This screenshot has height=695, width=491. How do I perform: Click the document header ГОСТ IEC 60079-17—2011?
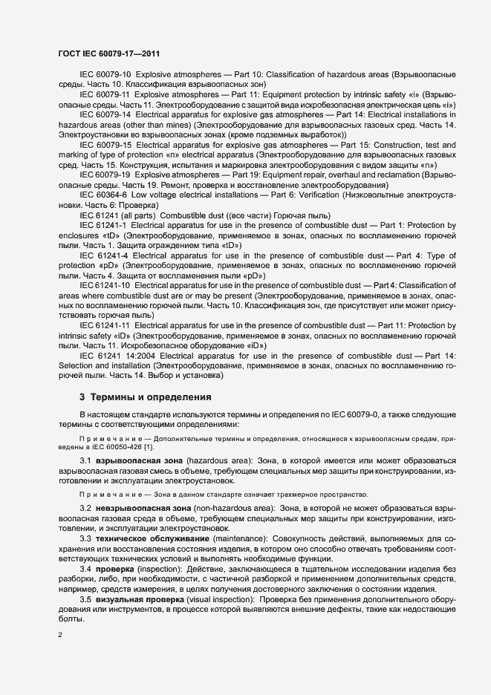pos(108,54)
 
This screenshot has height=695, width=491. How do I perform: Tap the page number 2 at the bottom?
pos(60,634)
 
